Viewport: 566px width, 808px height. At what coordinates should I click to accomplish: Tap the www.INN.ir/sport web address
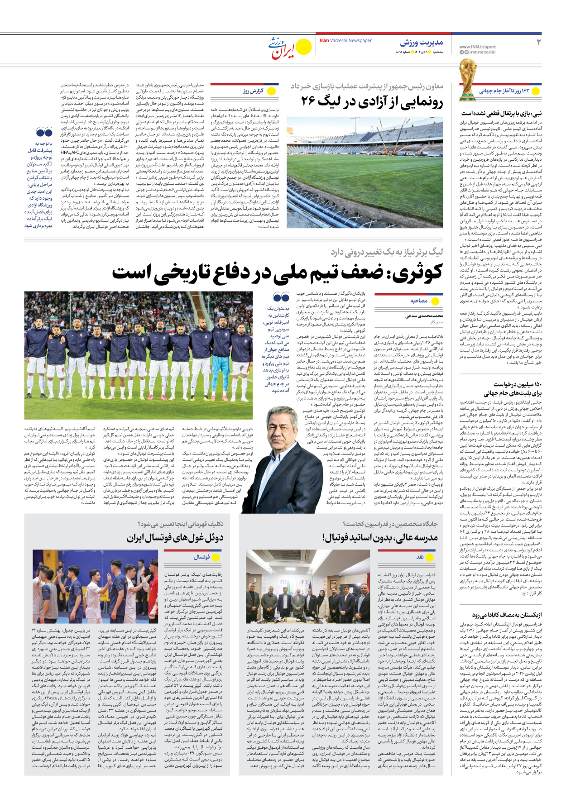[x=477, y=47]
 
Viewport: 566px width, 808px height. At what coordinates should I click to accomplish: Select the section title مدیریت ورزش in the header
[x=421, y=43]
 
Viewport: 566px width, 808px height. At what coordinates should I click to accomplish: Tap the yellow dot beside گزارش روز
[x=272, y=91]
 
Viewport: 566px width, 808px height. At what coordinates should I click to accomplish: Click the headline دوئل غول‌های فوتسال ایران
[x=175, y=537]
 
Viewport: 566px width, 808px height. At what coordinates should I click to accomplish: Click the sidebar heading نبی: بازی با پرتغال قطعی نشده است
[x=501, y=113]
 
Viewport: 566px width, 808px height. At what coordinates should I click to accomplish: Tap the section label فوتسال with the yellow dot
[x=202, y=557]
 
